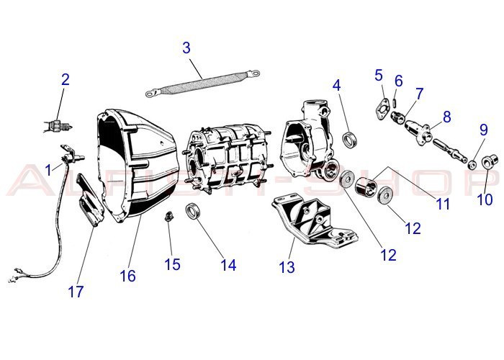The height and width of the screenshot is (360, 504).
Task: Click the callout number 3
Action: point(186,48)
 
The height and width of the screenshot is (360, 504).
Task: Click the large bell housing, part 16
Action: point(137,166)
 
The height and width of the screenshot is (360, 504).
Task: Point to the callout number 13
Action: point(287,268)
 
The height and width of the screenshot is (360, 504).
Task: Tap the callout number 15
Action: point(172,264)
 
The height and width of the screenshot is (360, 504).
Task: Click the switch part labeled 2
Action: point(56,125)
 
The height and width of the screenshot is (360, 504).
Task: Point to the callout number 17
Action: point(76,292)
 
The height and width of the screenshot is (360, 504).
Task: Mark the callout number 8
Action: point(446,116)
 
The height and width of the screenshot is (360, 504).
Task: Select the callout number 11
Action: point(443,204)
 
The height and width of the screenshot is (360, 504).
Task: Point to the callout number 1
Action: point(49,170)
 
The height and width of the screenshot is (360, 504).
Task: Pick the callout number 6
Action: point(398,81)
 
